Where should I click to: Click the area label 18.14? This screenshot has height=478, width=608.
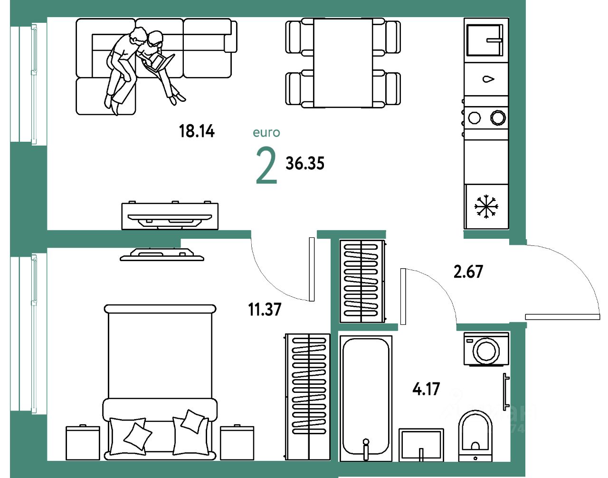click(x=197, y=131)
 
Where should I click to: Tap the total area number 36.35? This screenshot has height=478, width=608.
click(x=305, y=164)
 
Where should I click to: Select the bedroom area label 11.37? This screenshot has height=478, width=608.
click(x=265, y=310)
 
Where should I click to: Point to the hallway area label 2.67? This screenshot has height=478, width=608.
click(x=468, y=272)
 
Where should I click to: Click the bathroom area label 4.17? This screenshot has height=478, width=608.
click(x=426, y=389)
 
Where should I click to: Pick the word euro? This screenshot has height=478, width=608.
click(x=266, y=133)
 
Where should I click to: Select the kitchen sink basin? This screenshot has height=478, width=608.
click(x=484, y=40)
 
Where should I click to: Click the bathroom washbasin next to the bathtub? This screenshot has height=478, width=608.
click(x=421, y=444)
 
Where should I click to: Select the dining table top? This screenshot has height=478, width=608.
click(x=342, y=63)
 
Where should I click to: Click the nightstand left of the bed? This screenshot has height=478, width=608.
click(x=83, y=442)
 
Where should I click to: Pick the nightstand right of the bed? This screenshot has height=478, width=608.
click(x=237, y=442)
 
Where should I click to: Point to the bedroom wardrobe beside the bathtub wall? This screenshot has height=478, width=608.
click(x=308, y=397)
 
